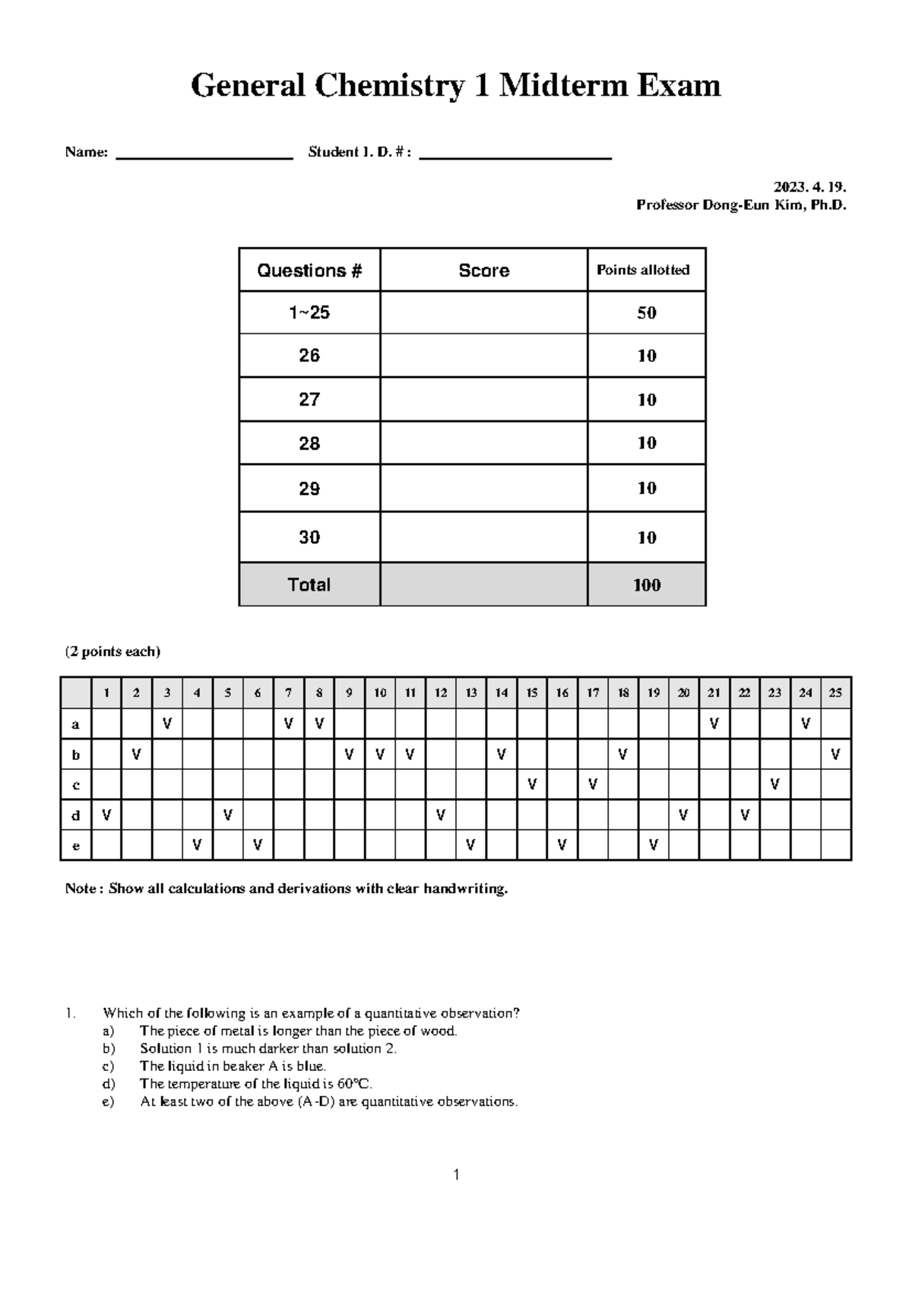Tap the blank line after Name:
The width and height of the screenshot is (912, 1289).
coord(204,157)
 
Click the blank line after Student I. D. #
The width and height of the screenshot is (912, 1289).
coord(515,157)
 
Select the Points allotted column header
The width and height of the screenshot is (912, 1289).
coord(643,270)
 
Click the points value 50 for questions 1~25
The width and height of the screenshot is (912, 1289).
coord(647,313)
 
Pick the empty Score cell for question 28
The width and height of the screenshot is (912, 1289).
coord(483,443)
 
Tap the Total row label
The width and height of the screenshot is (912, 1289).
coord(309,584)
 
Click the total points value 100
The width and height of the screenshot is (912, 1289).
coord(647,585)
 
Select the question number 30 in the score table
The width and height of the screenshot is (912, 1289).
coord(309,537)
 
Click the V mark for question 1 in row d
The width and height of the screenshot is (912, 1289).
coord(106,815)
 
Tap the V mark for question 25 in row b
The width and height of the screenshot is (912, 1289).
coord(835,755)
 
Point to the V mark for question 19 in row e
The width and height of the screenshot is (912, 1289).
coord(653,844)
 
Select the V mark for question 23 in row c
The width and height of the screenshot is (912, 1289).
coord(774,784)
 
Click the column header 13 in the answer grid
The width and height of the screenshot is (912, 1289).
coord(470,692)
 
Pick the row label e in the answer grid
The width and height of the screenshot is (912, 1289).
coord(75,845)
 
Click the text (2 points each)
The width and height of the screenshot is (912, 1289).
coord(112,651)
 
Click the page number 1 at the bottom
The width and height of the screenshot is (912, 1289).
coord(456,1175)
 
